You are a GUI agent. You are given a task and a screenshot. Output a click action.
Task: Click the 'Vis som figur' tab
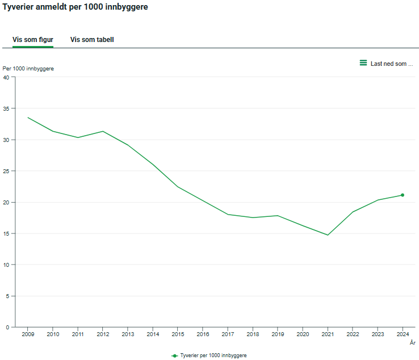click(x=33, y=40)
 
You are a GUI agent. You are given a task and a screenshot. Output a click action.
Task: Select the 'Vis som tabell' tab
click(x=92, y=40)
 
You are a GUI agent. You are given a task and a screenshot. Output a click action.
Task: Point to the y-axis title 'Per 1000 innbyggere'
click(x=28, y=69)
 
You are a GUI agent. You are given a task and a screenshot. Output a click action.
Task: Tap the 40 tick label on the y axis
click(x=6, y=77)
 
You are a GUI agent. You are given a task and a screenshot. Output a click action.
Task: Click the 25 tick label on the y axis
click(x=6, y=171)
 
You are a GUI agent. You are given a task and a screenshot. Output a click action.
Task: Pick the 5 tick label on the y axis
click(x=8, y=296)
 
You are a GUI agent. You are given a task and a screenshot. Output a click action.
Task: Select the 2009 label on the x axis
click(x=28, y=334)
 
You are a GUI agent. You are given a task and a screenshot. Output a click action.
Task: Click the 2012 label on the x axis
click(x=103, y=334)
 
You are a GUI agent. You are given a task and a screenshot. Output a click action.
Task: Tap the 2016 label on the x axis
click(x=203, y=334)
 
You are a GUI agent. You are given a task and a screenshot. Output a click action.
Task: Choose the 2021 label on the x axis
click(x=328, y=334)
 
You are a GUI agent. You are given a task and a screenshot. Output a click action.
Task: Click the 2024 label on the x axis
click(x=403, y=334)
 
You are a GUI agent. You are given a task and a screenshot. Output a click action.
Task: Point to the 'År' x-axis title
click(x=413, y=342)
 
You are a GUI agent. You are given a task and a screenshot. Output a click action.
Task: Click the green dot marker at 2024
click(x=403, y=195)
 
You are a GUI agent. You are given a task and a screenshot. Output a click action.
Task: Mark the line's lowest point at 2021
click(x=328, y=235)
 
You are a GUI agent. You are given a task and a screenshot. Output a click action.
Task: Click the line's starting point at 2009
click(x=28, y=118)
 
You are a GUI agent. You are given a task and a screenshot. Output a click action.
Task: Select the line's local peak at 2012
click(x=103, y=131)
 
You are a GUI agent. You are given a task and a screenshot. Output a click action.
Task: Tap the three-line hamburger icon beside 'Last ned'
click(x=363, y=63)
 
